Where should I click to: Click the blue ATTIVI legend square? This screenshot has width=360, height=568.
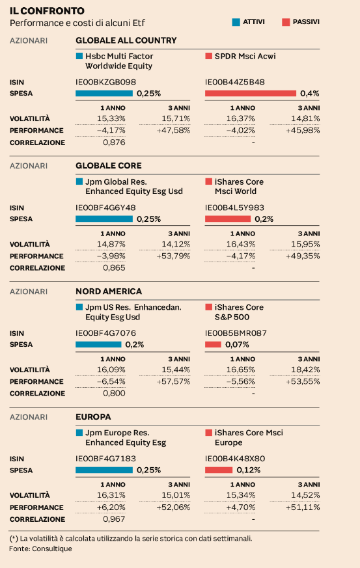pos(236,22)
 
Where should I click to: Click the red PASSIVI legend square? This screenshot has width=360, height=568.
pos(286,22)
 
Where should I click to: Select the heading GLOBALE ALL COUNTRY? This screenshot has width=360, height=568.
pos(126,40)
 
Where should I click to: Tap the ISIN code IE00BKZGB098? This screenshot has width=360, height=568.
pos(106,82)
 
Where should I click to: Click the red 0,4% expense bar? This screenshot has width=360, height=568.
pos(251,94)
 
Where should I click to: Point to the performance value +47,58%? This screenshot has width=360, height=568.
pos(173,130)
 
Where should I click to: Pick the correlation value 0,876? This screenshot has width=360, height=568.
pos(114,142)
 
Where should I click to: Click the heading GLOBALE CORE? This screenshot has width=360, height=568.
pos(109,165)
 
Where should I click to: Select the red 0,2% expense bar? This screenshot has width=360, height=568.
pos(228,219)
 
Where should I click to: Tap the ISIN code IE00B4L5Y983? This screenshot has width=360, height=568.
pos(234,208)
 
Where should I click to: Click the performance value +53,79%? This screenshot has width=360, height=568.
pos(173,256)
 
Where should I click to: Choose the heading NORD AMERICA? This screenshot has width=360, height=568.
pos(109,291)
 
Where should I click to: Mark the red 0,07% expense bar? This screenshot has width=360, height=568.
pos(213,344)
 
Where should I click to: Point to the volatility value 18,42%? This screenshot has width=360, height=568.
pos(305,370)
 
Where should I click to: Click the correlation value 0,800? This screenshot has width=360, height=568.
pos(114,394)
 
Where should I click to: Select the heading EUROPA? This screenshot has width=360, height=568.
pos(93,417)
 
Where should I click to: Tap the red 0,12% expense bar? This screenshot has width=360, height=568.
pos(219,470)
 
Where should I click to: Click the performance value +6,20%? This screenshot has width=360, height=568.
pos(111,507)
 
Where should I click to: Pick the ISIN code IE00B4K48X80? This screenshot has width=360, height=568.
pos(235,459)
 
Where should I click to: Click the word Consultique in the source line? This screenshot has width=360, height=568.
pos(52,548)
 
